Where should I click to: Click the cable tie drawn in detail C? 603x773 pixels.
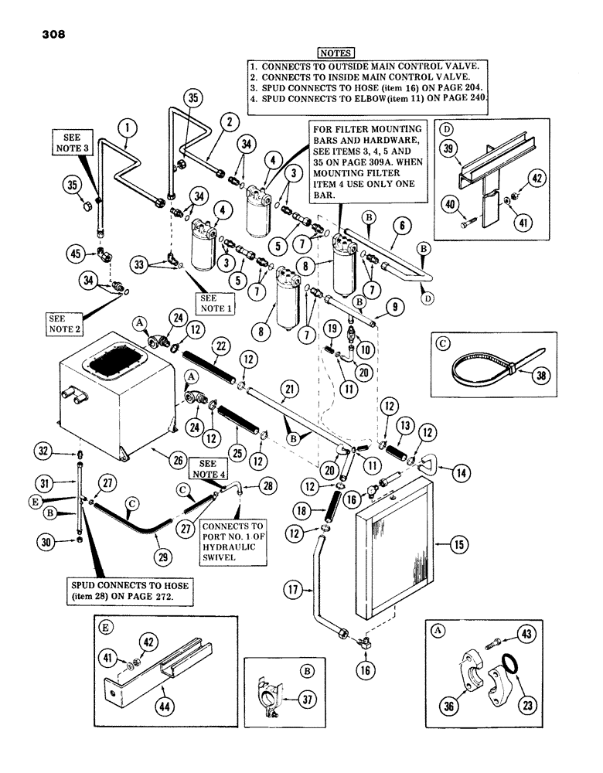coord(478,367)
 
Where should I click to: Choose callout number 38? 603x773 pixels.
coord(530,376)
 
